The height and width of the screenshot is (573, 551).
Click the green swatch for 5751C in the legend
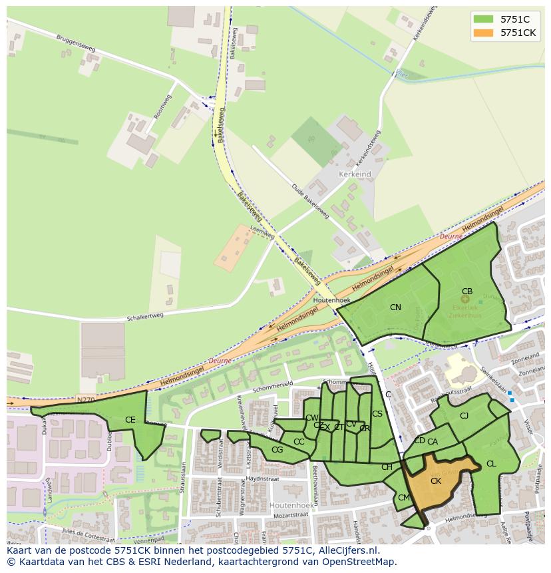coord(483,19)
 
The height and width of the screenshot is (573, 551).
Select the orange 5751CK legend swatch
coord(483,33)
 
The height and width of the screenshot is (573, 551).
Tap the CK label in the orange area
coord(436,481)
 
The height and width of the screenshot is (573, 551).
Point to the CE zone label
coord(130,420)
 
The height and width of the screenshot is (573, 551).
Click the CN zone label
coord(395,307)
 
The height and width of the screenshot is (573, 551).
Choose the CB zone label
coord(467,291)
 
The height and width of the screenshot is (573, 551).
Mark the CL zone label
coord(491,464)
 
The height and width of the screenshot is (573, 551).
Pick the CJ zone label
coord(464,416)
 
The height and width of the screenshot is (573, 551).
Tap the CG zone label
coord(277,450)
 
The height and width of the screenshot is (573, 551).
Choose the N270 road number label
coord(85,400)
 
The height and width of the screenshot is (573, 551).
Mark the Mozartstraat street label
coord(291,516)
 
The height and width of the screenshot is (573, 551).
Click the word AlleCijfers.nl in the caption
coord(346,550)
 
